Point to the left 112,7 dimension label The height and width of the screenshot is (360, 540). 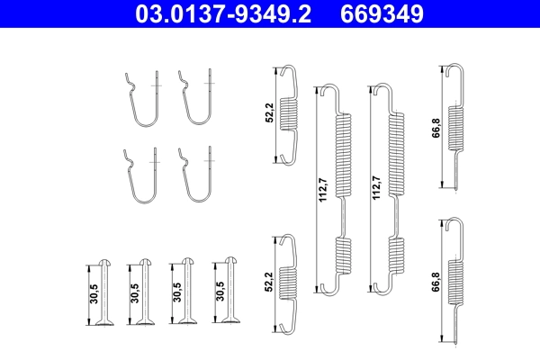(323, 188)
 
